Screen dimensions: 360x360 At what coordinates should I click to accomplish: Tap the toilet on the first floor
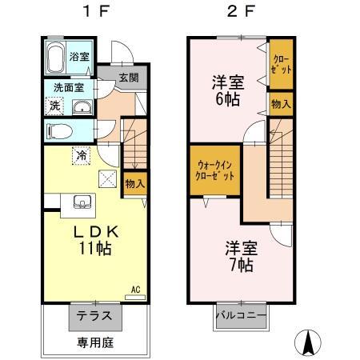(59, 131)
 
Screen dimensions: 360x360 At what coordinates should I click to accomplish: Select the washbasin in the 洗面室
(82, 107)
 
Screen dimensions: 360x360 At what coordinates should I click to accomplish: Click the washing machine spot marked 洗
(54, 106)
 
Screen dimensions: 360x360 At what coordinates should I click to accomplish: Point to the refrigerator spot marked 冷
(82, 155)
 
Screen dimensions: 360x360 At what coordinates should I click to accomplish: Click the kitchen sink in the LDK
(82, 202)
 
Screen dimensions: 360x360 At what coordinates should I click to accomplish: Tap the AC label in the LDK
(135, 290)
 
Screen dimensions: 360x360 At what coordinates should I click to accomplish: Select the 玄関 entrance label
(129, 78)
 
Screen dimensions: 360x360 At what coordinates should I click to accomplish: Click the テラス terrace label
(94, 316)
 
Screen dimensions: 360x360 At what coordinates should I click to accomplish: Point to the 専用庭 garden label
(95, 342)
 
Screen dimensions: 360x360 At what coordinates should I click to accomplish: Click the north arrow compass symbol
(308, 343)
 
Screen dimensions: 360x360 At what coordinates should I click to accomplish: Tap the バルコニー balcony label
(242, 316)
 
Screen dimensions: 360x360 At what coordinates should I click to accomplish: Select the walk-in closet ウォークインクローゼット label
(215, 170)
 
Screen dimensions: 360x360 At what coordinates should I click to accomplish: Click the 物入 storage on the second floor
(281, 104)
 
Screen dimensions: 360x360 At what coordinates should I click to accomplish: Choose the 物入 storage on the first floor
(135, 184)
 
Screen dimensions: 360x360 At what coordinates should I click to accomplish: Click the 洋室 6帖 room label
(228, 90)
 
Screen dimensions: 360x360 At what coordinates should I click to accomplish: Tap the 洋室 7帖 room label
(242, 257)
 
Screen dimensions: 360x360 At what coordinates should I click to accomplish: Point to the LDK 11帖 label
(96, 240)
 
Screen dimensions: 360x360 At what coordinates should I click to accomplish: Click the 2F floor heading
(241, 12)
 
